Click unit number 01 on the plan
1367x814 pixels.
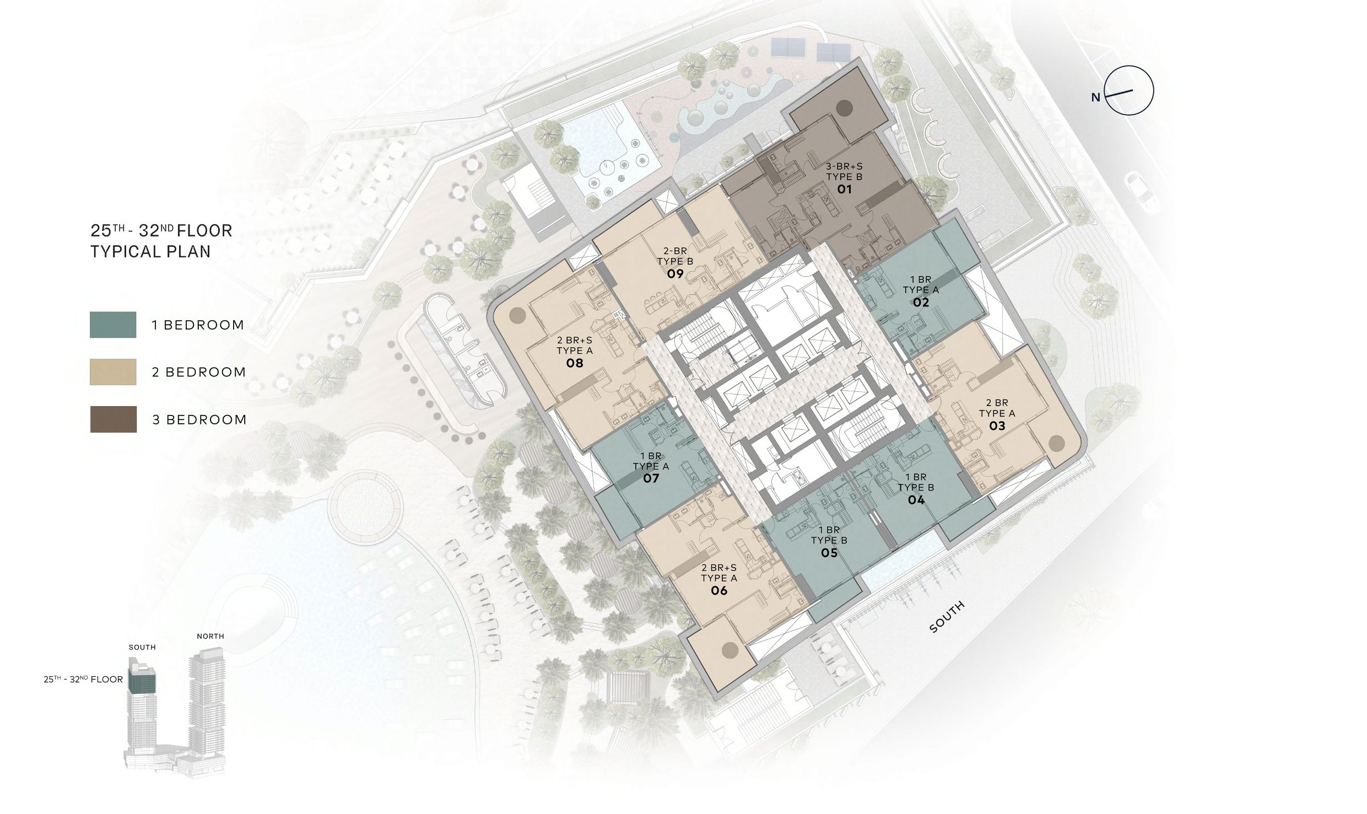click(844, 190)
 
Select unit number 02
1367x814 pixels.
click(921, 302)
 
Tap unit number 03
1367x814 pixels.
click(997, 425)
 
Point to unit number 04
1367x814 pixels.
click(916, 500)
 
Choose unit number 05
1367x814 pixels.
click(829, 553)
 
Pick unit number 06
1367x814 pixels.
click(719, 591)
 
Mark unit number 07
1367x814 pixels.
click(651, 478)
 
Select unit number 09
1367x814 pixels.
click(675, 274)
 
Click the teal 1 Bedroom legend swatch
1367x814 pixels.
click(113, 325)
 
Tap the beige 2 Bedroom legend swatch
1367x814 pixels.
click(113, 372)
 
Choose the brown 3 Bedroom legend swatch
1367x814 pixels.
click(113, 419)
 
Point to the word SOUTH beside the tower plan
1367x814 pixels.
click(947, 617)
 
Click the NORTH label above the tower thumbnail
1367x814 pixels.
click(210, 636)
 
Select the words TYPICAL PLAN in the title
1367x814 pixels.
click(150, 252)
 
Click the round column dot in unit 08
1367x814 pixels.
click(517, 315)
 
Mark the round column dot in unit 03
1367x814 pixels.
click(1056, 443)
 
